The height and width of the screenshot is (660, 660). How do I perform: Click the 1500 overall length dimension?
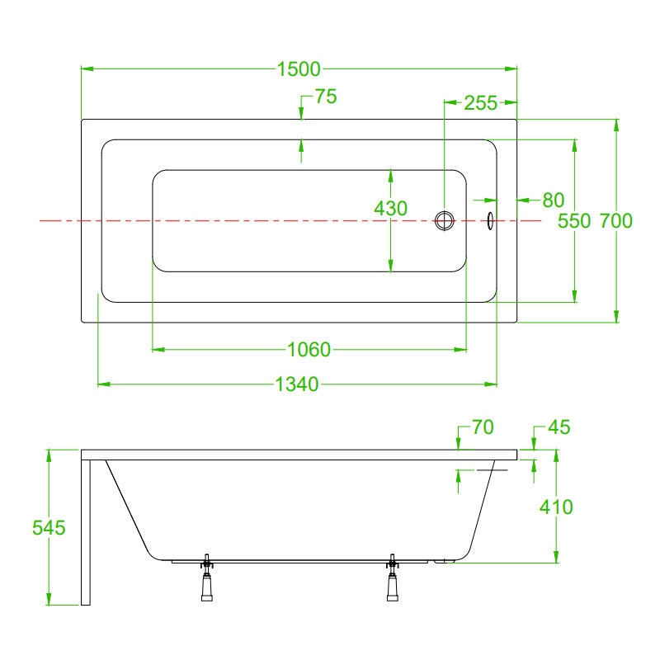[299, 69]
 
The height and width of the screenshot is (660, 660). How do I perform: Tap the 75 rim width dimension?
[326, 97]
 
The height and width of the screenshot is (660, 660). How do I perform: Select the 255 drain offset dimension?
[481, 103]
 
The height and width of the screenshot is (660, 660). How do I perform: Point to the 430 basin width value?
[390, 209]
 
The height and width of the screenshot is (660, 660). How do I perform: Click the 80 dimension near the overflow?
[553, 200]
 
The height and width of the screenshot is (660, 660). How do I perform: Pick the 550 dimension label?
[574, 221]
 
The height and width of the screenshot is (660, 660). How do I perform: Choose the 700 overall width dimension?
[615, 221]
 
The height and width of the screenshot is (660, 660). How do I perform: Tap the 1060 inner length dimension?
[309, 350]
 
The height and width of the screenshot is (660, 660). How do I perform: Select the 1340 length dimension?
[297, 384]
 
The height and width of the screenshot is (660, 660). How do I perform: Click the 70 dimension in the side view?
[483, 427]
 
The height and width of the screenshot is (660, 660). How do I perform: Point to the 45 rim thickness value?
[559, 427]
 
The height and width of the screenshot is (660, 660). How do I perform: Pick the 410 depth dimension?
[556, 507]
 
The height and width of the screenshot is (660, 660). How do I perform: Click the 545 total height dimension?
[49, 528]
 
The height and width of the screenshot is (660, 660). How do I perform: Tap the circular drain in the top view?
[445, 221]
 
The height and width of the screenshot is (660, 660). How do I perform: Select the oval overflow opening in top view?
[490, 220]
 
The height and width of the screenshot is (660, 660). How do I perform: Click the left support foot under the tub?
[207, 578]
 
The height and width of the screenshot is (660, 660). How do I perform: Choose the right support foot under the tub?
[393, 578]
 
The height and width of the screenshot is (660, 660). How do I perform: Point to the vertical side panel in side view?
[86, 532]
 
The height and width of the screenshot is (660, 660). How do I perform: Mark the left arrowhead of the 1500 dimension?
[87, 68]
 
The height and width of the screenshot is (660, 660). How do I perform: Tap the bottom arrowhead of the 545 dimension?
[49, 600]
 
